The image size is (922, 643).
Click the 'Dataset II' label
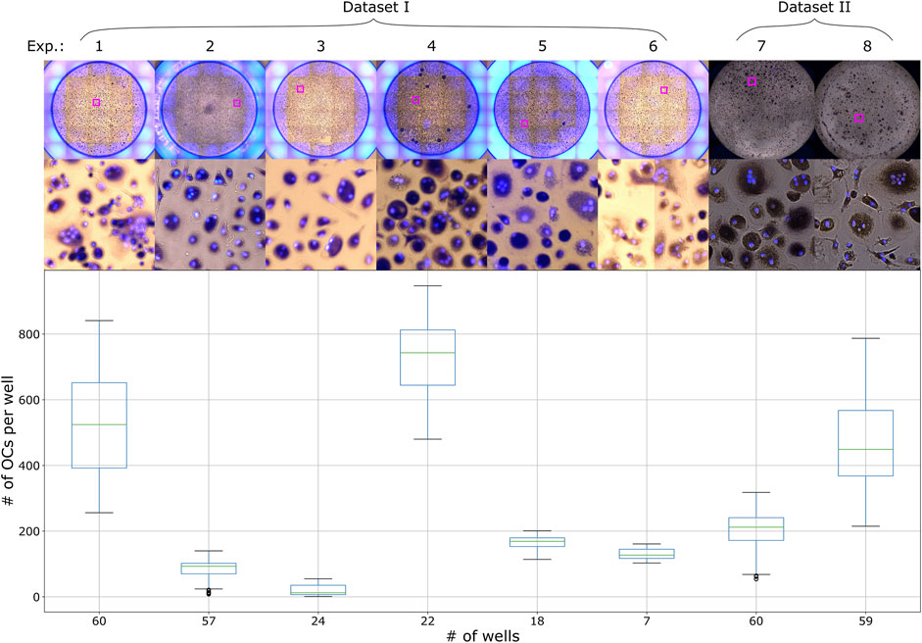point(815,9)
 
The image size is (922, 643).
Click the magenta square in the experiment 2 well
point(236,103)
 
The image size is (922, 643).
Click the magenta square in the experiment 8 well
point(858,118)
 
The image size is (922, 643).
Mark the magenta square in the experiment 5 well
point(524,124)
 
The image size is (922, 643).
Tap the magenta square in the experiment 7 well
point(752,81)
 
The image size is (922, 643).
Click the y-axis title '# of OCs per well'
point(10,440)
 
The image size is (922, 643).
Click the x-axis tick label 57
point(208,619)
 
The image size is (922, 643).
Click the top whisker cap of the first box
point(98,321)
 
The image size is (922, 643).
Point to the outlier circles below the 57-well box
point(208,592)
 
